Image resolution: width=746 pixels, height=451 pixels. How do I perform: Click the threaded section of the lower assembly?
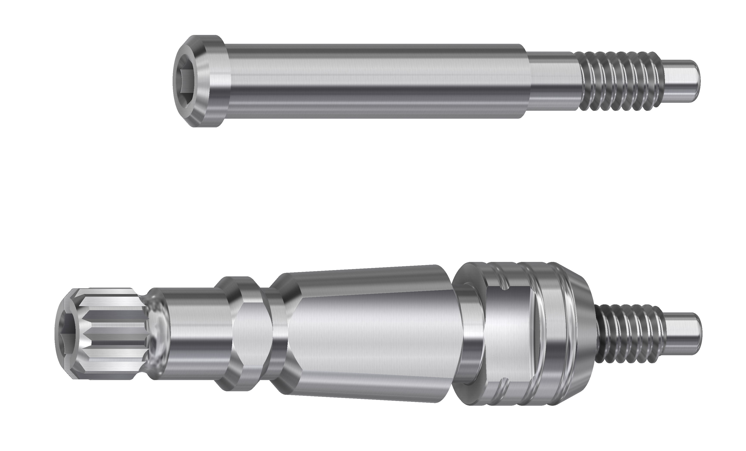coord(621,333)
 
